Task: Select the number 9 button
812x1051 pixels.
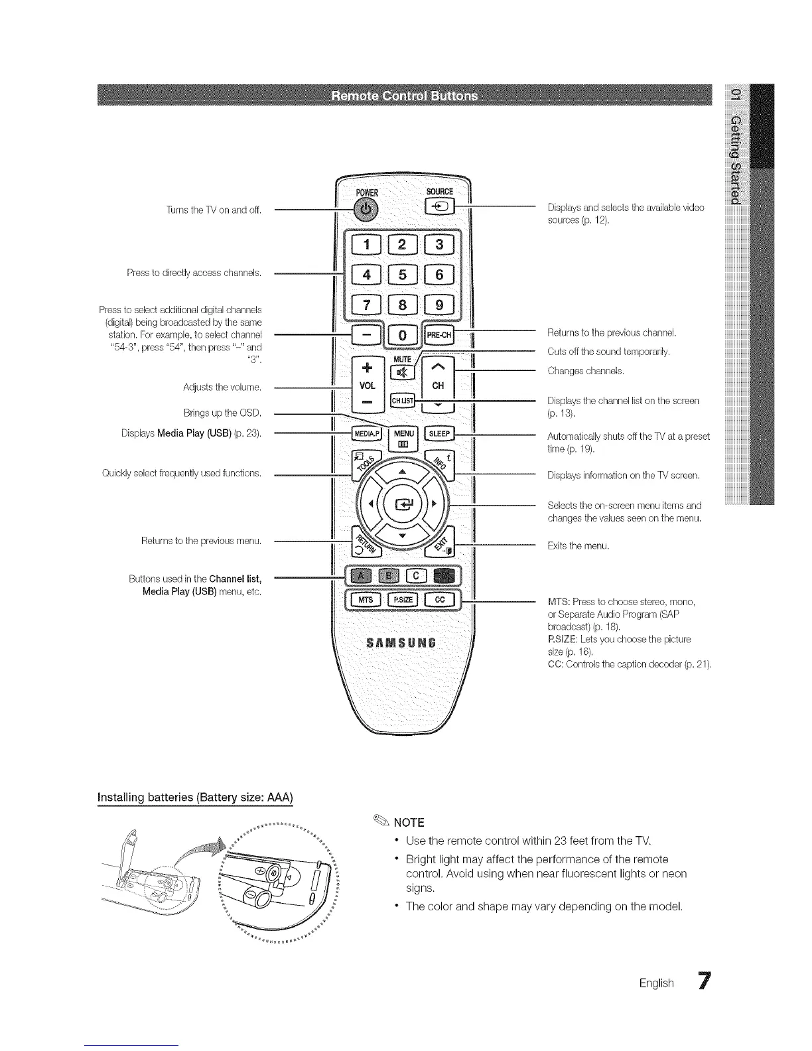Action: click(440, 306)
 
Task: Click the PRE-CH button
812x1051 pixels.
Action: click(439, 335)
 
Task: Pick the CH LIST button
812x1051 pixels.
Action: click(403, 401)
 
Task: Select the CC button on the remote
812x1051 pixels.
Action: click(439, 600)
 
